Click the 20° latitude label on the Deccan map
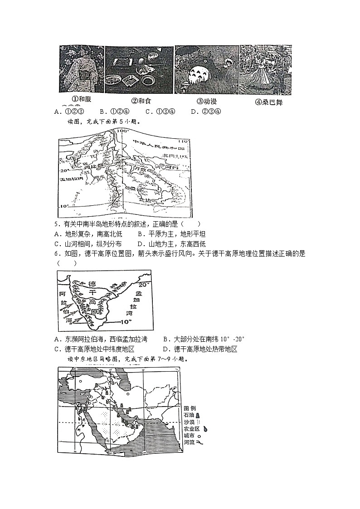pyautogui.click(x=143, y=285)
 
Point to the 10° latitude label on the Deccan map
pyautogui.click(x=126, y=321)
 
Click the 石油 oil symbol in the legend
pyautogui.click(x=198, y=415)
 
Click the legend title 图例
pyautogui.click(x=190, y=408)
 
